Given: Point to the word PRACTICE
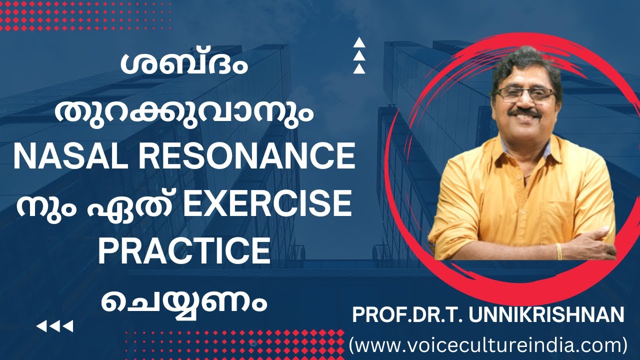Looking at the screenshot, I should [184, 251].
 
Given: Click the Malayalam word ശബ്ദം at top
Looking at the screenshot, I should [184, 65].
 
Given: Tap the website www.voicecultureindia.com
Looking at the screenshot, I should [487, 345].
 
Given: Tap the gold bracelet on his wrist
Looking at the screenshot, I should [558, 251].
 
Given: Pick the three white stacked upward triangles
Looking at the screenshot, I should [359, 56].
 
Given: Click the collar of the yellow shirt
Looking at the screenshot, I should [500, 145].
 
